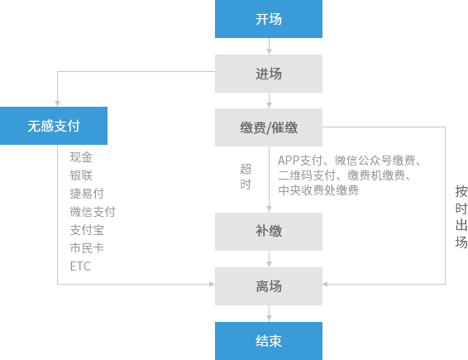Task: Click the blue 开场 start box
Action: click(x=269, y=19)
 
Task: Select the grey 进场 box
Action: click(x=269, y=74)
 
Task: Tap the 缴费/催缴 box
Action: click(x=269, y=127)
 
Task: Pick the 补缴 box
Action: click(x=269, y=232)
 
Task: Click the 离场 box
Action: click(x=269, y=286)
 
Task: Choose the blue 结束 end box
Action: click(x=269, y=341)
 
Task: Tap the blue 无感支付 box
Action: click(x=54, y=126)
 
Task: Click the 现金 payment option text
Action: click(x=81, y=157)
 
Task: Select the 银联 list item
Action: click(x=81, y=175)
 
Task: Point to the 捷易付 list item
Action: click(x=87, y=194)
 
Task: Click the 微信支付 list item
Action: click(x=93, y=212)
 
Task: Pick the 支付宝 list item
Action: click(x=87, y=230)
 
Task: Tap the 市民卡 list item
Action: click(x=87, y=248)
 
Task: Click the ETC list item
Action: click(x=80, y=266)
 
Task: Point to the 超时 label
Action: click(x=246, y=176)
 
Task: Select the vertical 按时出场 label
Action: click(x=461, y=217)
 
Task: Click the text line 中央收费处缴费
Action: click(x=318, y=190)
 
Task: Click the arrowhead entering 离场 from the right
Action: click(x=325, y=284)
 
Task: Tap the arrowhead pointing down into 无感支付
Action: click(x=57, y=103)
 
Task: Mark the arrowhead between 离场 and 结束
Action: click(x=269, y=319)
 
